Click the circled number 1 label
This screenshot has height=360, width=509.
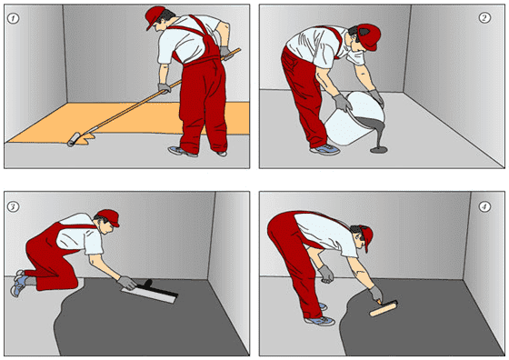(14, 18)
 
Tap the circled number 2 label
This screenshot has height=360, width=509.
(484, 17)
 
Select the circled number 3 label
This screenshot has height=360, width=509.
(14, 206)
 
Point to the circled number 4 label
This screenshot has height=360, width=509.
(484, 206)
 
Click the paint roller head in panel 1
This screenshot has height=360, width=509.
(74, 140)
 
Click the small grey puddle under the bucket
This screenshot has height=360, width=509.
(379, 150)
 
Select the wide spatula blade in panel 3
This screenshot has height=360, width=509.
(148, 295)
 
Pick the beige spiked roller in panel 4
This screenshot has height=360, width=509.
(384, 308)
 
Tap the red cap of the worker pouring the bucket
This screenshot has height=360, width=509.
(370, 36)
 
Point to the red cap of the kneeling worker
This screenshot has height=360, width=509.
(109, 217)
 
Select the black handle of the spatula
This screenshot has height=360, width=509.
(158, 287)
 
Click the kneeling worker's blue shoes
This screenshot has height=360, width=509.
(19, 282)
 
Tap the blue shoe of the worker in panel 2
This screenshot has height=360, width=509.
(325, 149)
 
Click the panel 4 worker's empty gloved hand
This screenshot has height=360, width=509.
(326, 275)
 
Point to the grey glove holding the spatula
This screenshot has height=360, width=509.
(127, 283)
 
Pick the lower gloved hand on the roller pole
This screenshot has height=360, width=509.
(165, 88)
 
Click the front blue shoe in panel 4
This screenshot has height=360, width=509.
(320, 321)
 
